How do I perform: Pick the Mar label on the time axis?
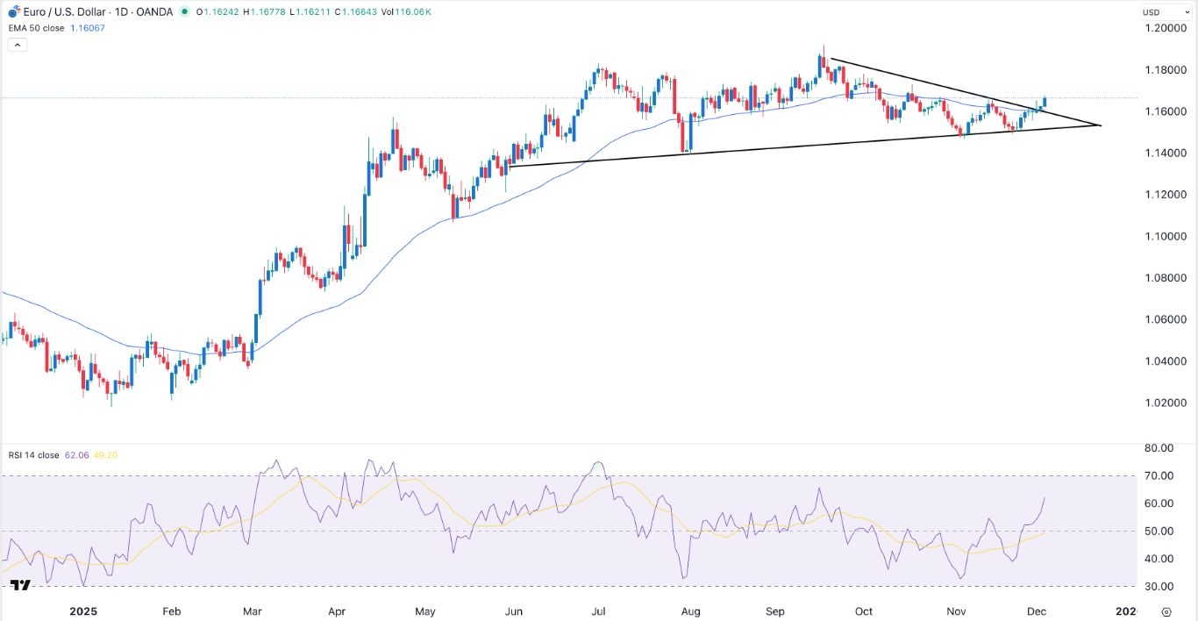(x=253, y=610)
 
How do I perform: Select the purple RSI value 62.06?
(x=75, y=455)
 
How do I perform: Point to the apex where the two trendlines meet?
(x=1100, y=125)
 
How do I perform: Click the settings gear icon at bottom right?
(x=1166, y=611)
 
